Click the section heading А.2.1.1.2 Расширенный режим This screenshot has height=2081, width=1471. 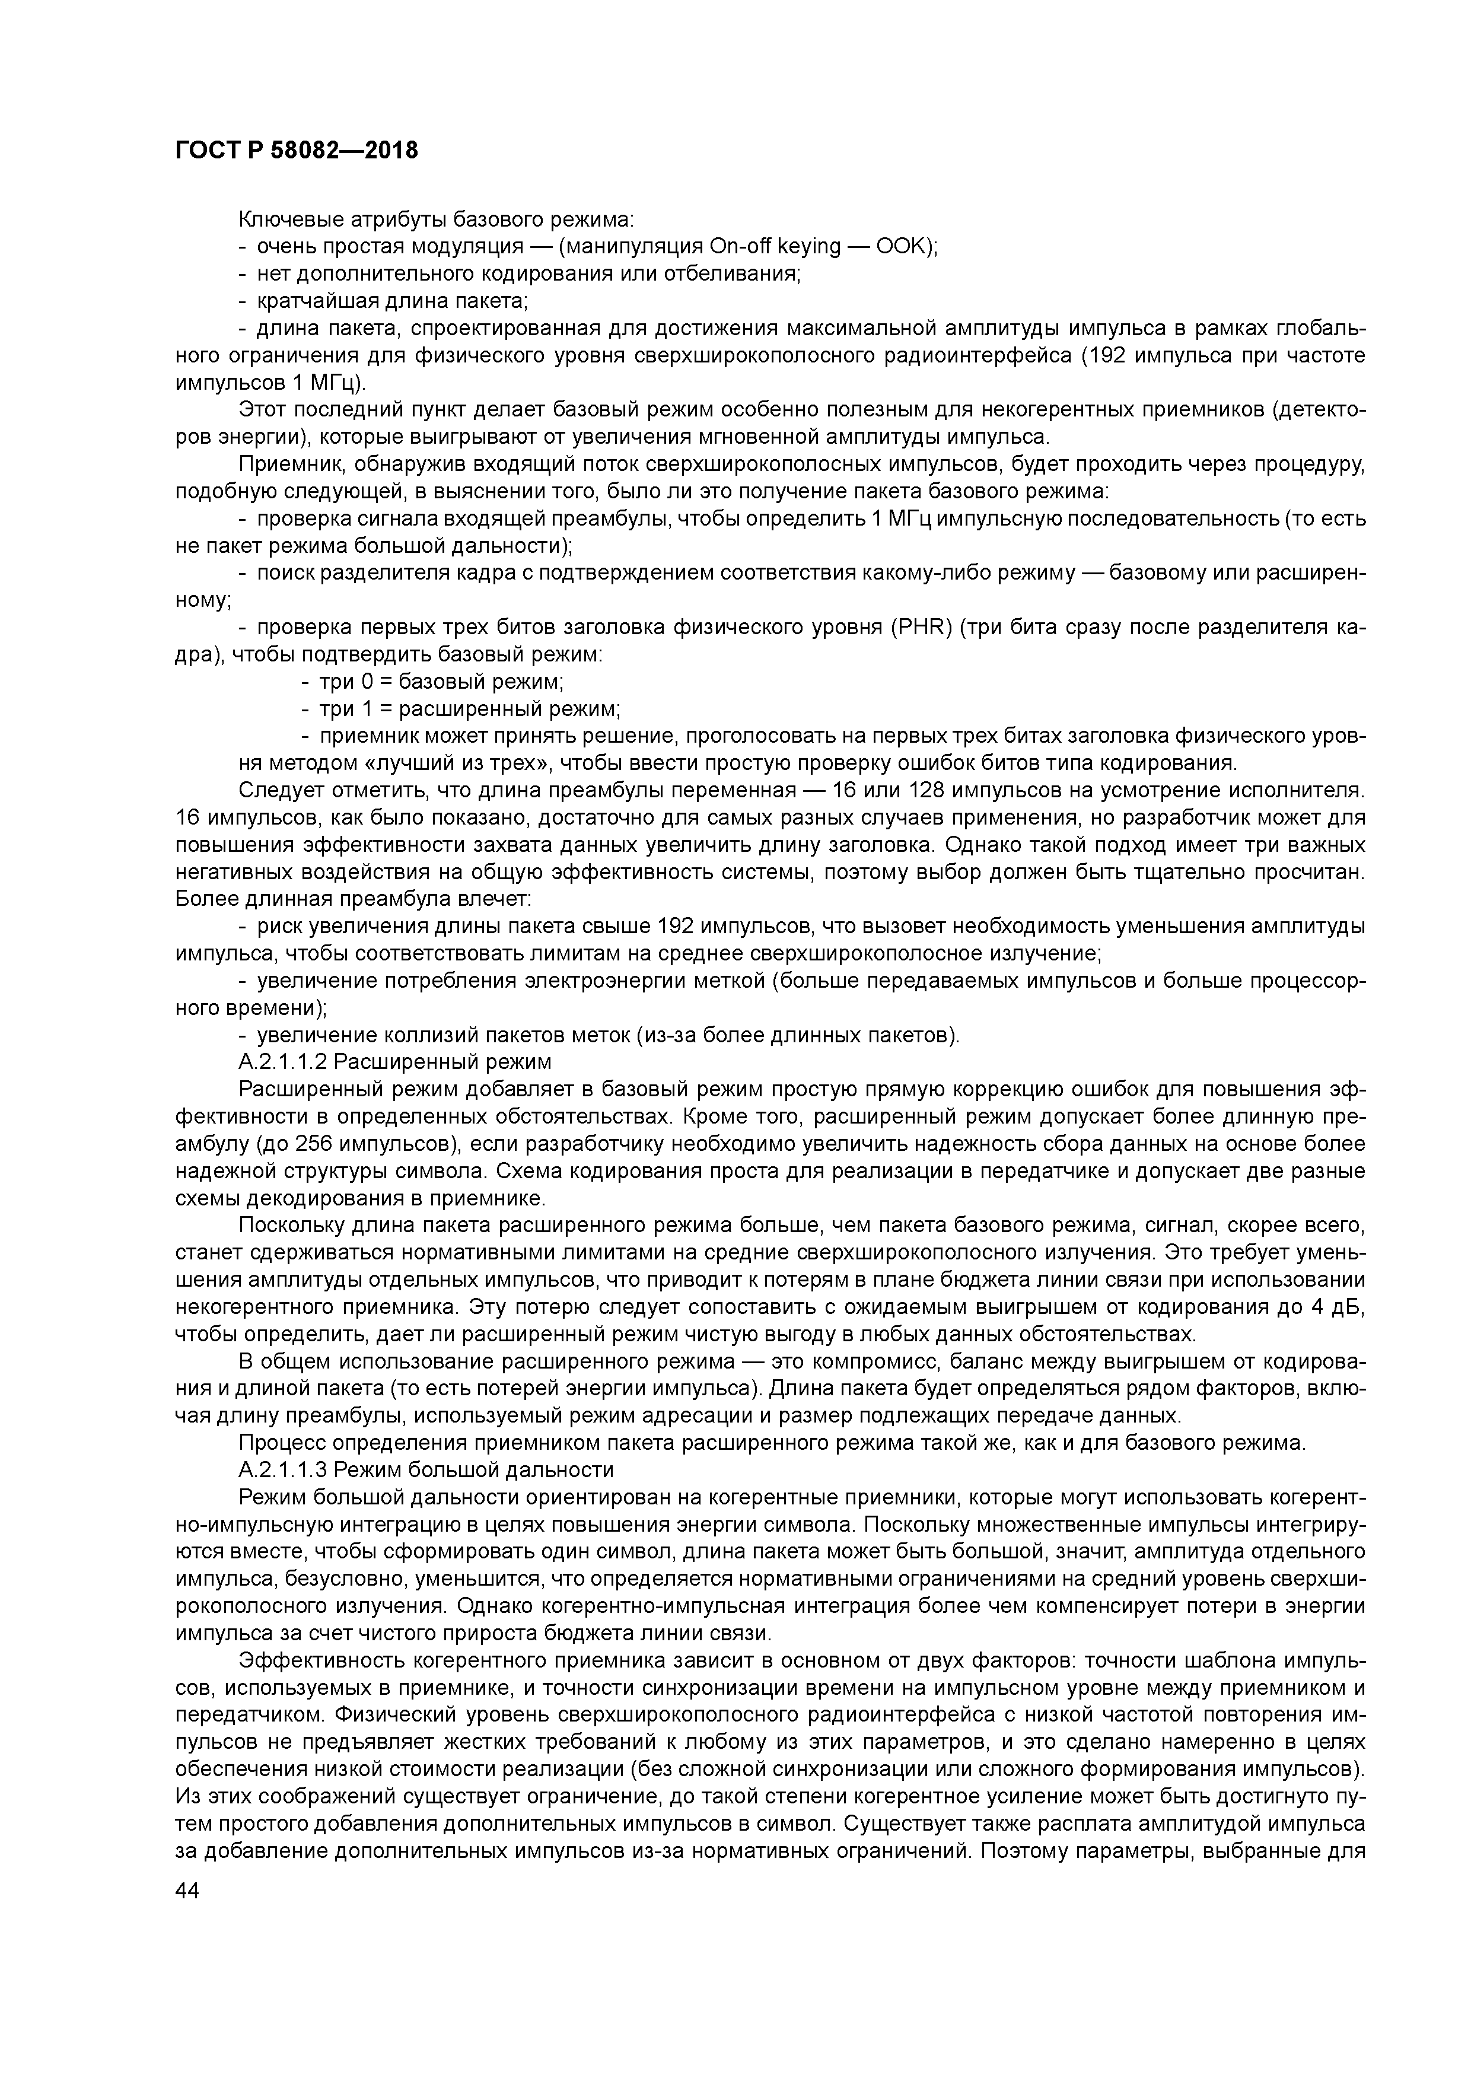(394, 1061)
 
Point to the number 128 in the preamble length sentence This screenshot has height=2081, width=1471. (927, 790)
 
